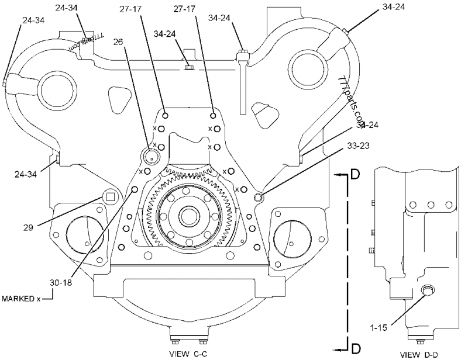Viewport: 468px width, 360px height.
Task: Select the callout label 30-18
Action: pos(61,282)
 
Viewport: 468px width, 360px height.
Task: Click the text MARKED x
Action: pos(21,299)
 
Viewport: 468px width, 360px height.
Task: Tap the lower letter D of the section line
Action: pos(355,348)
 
